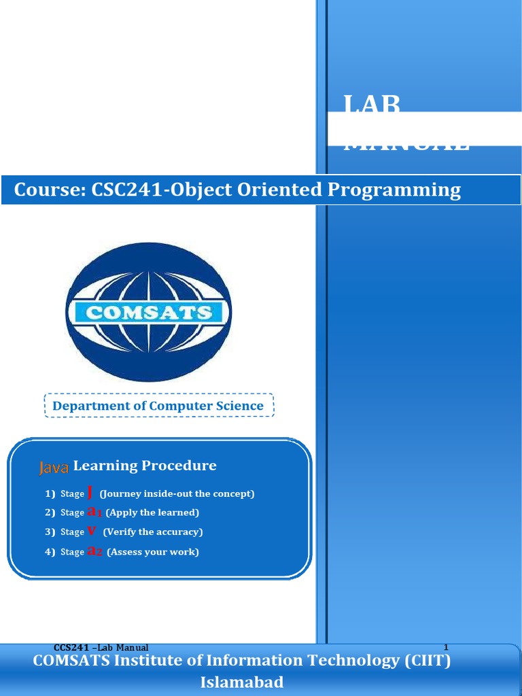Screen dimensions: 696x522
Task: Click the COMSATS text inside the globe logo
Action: (148, 313)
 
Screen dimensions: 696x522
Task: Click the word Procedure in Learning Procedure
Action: (179, 466)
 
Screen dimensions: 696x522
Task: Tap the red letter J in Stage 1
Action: (90, 492)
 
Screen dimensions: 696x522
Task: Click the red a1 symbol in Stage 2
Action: (94, 512)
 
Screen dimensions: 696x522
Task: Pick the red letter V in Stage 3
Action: (91, 532)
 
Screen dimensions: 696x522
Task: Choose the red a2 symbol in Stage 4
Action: (95, 551)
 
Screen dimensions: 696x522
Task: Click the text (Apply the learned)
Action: (152, 512)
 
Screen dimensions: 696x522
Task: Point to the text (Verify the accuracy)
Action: (153, 532)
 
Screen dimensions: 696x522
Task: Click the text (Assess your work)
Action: (153, 552)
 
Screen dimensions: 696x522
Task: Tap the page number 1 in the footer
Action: (446, 647)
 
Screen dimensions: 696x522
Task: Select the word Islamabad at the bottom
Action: (242, 682)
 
